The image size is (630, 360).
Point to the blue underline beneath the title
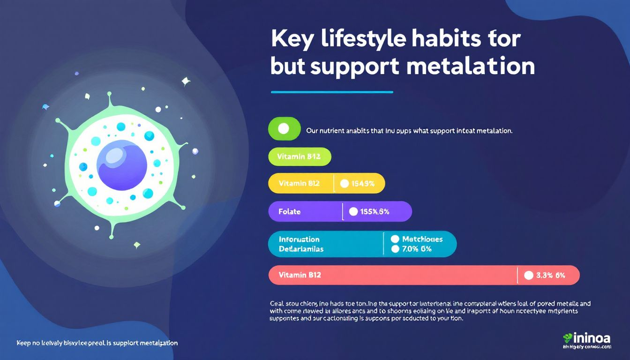click(332, 92)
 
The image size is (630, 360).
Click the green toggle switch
click(284, 128)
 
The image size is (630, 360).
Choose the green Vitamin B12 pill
click(300, 157)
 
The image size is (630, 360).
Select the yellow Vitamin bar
click(326, 183)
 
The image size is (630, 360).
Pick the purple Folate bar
click(340, 211)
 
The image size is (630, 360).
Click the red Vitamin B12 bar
click(424, 275)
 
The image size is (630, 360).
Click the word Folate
click(289, 211)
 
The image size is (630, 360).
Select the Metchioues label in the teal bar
click(422, 239)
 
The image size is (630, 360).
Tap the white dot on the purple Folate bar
click(353, 211)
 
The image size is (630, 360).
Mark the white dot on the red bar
click(528, 276)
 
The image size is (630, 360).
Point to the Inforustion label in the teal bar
click(299, 239)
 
